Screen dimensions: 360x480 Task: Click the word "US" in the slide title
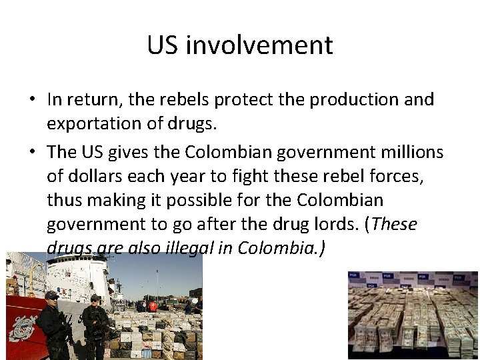click(163, 45)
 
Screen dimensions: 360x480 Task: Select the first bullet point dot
click(31, 100)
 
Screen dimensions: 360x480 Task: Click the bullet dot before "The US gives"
click(31, 152)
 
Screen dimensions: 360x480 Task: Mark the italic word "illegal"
click(183, 248)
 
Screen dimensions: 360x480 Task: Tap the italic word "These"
click(395, 224)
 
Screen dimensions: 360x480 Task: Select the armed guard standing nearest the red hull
click(51, 323)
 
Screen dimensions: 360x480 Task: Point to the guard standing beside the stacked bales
click(95, 325)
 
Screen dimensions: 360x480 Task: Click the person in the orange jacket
click(153, 306)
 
